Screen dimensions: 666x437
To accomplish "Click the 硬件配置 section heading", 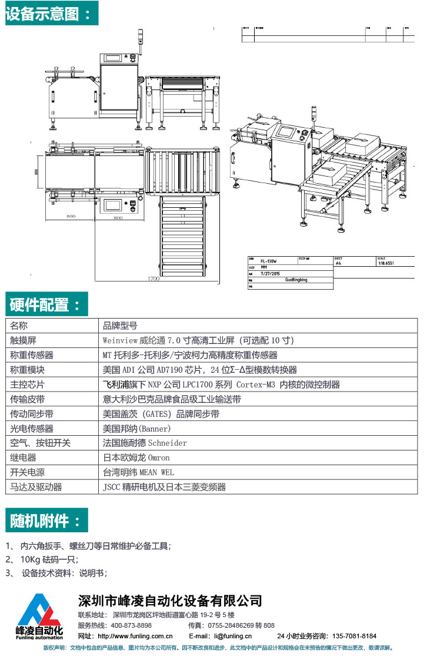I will [46, 304].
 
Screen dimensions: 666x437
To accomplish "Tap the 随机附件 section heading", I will [46, 521].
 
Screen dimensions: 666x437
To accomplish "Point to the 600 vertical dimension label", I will [36, 172].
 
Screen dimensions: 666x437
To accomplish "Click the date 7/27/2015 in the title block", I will [271, 273].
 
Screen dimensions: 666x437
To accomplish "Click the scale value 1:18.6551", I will [386, 264].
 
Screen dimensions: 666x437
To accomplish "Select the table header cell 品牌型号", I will [120, 326].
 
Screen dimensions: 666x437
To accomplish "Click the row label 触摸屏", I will [24, 340].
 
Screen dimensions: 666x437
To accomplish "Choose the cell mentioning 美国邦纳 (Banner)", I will [137, 429].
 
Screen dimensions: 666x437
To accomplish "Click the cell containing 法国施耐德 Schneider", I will [145, 443].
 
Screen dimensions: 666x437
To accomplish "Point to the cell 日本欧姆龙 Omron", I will [136, 458].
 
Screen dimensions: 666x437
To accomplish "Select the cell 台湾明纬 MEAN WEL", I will [138, 472].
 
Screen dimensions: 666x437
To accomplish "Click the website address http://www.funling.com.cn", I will [135, 636].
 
